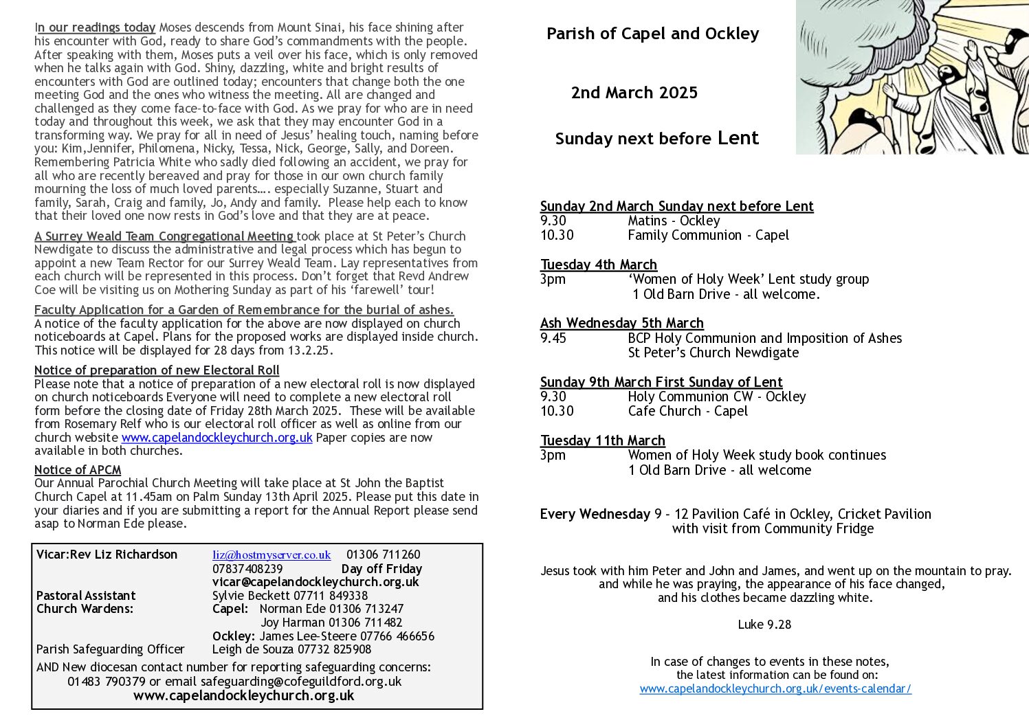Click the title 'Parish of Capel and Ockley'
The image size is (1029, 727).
tap(652, 34)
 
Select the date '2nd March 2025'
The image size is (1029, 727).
tap(634, 93)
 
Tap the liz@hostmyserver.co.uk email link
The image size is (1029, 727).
tap(272, 555)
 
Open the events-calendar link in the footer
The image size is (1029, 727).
tap(775, 689)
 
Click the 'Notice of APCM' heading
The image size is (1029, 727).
tap(78, 470)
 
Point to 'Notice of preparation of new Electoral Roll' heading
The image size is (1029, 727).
tap(157, 370)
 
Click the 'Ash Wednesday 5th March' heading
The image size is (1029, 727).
tap(621, 323)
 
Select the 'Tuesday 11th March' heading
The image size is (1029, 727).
tap(602, 440)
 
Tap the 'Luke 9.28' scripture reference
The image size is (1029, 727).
tap(764, 625)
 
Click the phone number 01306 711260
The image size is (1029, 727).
tap(383, 555)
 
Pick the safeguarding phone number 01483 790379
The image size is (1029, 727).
tap(107, 682)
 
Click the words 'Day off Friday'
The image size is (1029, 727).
tap(381, 569)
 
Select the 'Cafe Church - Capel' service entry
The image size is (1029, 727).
tap(687, 411)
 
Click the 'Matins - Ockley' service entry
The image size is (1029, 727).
tap(674, 221)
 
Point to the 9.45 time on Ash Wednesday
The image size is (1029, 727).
tap(553, 338)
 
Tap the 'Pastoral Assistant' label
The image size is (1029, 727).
tap(86, 596)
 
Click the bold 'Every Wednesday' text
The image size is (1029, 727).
tap(595, 514)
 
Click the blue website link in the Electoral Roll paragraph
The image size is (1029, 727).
tap(217, 438)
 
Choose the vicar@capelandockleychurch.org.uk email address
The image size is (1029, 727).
tap(316, 582)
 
